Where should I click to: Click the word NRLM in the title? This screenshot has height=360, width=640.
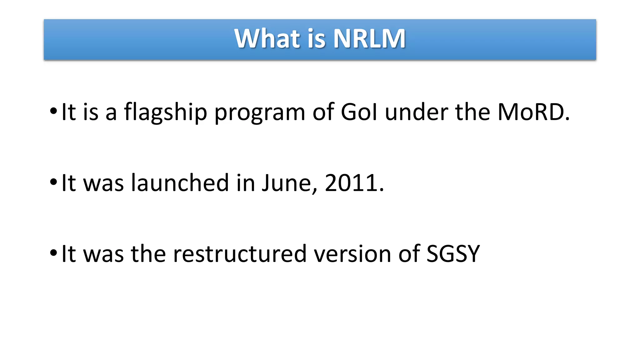[369, 39]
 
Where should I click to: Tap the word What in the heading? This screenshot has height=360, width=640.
[267, 39]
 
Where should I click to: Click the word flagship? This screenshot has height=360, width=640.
[166, 112]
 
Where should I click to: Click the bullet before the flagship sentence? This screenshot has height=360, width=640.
[53, 111]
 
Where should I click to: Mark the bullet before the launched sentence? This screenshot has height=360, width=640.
[53, 182]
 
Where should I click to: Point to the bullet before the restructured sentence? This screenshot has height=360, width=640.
[53, 252]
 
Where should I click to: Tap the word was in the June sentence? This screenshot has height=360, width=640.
[103, 183]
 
